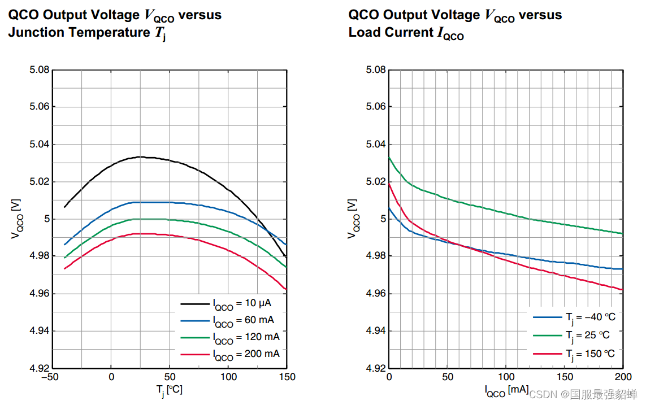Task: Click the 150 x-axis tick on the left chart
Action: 287,377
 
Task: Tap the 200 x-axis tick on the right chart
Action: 622,377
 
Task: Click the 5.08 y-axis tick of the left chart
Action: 39,70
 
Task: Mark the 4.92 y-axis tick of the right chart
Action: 375,368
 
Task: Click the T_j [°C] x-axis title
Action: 170,390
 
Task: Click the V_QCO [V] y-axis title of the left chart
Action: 17,219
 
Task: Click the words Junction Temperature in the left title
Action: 78,32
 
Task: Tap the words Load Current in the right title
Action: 391,32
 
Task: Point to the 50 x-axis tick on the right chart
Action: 447,377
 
